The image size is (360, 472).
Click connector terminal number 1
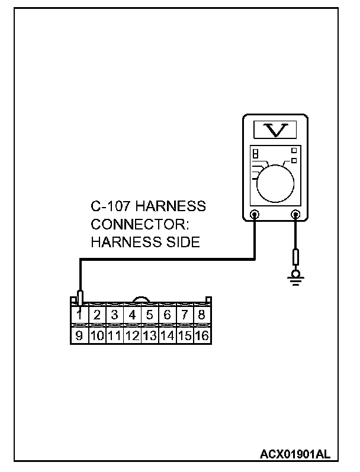(x=79, y=315)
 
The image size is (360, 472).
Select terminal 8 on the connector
(x=202, y=315)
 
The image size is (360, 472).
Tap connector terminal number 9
(x=79, y=335)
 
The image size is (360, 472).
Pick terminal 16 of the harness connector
(x=202, y=335)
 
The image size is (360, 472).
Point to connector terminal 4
(x=132, y=315)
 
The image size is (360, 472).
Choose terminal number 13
(x=149, y=335)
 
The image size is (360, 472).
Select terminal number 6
(x=167, y=315)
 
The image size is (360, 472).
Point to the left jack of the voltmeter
(x=255, y=215)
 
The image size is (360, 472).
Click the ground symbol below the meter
(x=294, y=277)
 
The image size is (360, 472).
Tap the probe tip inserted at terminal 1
(x=81, y=297)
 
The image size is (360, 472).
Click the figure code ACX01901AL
(x=295, y=454)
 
